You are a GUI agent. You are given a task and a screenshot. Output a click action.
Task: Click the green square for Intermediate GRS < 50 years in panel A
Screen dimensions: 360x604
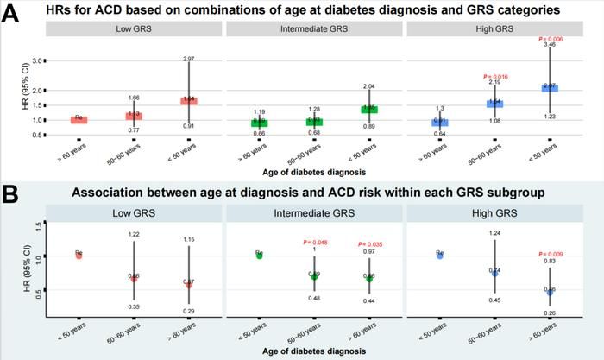369,109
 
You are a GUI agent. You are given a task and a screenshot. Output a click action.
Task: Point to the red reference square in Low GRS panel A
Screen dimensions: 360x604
79,118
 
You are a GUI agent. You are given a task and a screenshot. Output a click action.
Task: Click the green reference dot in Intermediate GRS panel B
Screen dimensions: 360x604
259,255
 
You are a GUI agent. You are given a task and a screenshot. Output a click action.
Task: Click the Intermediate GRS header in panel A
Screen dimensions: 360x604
314,29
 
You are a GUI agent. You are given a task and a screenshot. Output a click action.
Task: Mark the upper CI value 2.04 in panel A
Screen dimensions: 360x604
369,86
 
